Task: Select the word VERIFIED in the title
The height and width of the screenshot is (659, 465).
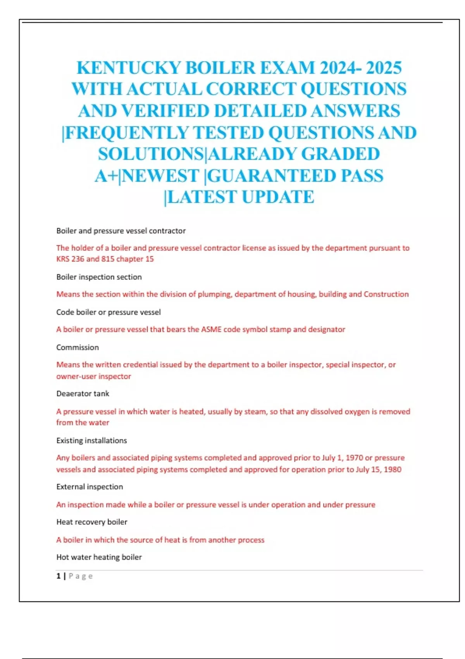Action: [165, 111]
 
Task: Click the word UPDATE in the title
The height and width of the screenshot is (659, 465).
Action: [278, 197]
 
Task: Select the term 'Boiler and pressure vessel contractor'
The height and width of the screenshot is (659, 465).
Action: [121, 231]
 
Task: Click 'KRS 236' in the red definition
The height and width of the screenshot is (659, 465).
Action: [70, 259]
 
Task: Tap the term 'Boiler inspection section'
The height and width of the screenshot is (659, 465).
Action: [99, 277]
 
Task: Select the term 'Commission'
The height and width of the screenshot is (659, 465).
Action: [77, 347]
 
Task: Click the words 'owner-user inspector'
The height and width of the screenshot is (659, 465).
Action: [93, 376]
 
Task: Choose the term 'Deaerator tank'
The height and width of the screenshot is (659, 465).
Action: [83, 393]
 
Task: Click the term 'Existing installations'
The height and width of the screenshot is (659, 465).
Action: [91, 440]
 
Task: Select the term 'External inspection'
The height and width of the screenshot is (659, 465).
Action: [90, 486]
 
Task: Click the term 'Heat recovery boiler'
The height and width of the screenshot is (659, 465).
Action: [92, 522]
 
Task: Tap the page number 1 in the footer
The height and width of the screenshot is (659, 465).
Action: [59, 576]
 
